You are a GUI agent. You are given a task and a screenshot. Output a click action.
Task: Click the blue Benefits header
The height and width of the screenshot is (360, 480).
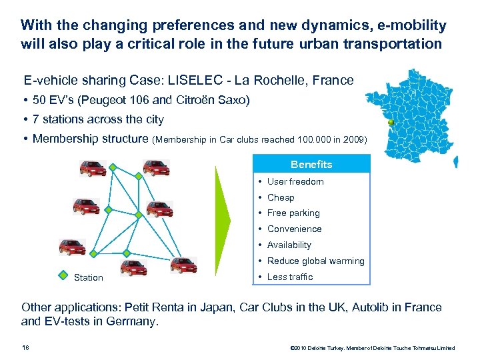click(x=311, y=164)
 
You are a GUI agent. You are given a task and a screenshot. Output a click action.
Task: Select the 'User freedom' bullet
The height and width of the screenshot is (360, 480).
click(x=295, y=181)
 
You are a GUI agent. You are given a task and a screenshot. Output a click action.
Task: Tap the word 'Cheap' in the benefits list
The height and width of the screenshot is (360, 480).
click(x=281, y=197)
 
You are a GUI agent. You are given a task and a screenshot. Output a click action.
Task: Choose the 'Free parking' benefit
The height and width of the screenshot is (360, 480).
click(x=293, y=213)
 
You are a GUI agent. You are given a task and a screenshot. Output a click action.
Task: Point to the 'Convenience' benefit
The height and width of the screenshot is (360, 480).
click(x=294, y=229)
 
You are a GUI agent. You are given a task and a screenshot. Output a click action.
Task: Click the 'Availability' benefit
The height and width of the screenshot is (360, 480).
click(x=289, y=245)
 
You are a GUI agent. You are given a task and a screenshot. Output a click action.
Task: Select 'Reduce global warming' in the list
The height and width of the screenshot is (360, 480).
click(x=315, y=261)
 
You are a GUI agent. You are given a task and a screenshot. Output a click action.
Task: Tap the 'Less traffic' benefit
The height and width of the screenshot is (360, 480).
click(x=290, y=277)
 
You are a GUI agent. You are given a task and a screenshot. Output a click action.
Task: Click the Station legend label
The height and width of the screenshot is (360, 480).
click(x=89, y=277)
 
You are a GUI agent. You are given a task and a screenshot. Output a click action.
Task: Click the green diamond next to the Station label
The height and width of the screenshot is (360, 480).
click(x=63, y=274)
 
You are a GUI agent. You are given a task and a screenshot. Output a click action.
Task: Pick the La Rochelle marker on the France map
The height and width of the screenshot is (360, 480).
click(x=391, y=123)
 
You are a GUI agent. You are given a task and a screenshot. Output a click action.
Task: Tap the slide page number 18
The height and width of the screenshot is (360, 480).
click(x=25, y=347)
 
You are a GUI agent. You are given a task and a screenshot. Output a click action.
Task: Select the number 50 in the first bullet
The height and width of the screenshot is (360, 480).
click(x=39, y=100)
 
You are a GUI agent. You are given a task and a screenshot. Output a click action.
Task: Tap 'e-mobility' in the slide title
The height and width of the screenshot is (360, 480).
click(x=412, y=26)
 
